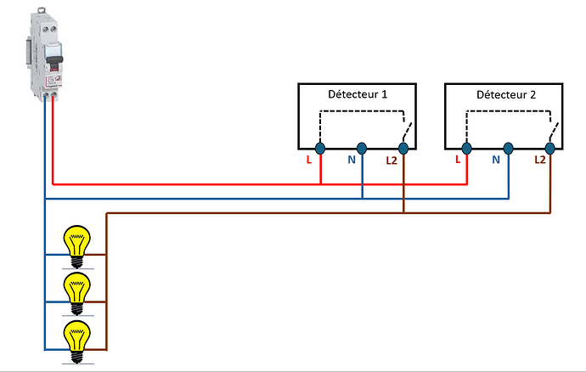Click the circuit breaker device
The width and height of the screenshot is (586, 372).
click(x=42, y=54)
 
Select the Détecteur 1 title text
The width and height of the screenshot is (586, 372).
click(x=357, y=94)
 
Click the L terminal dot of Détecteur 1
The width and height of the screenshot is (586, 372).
click(x=321, y=148)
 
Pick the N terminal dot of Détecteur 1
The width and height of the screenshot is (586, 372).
click(x=362, y=148)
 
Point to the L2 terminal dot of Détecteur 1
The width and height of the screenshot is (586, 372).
click(x=403, y=148)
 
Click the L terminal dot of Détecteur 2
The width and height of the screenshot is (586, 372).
click(x=466, y=148)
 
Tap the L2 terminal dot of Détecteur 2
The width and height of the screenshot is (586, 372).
click(x=549, y=148)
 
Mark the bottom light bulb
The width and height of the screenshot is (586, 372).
click(x=78, y=337)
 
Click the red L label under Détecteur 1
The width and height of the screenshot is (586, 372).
click(x=308, y=159)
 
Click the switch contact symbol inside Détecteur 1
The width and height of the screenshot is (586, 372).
click(x=407, y=133)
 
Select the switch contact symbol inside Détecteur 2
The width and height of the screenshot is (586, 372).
click(x=553, y=133)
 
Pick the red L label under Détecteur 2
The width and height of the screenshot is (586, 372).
click(x=458, y=159)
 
